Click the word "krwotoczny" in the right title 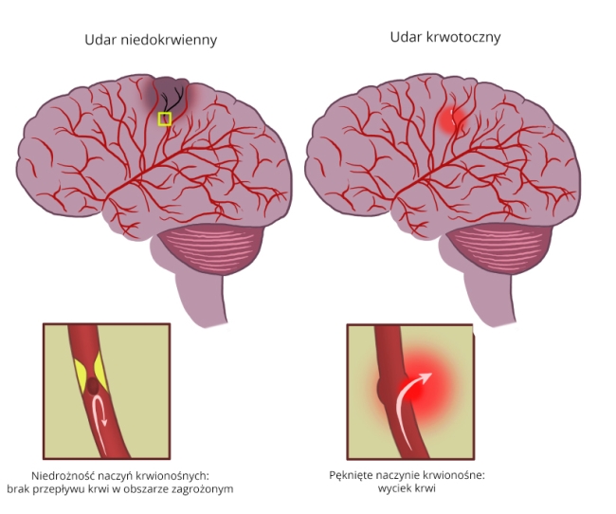pyautogui.click(x=466, y=37)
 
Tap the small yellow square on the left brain pyautogui.click(x=165, y=119)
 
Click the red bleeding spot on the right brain pyautogui.click(x=452, y=120)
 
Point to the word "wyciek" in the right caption pyautogui.click(x=403, y=489)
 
